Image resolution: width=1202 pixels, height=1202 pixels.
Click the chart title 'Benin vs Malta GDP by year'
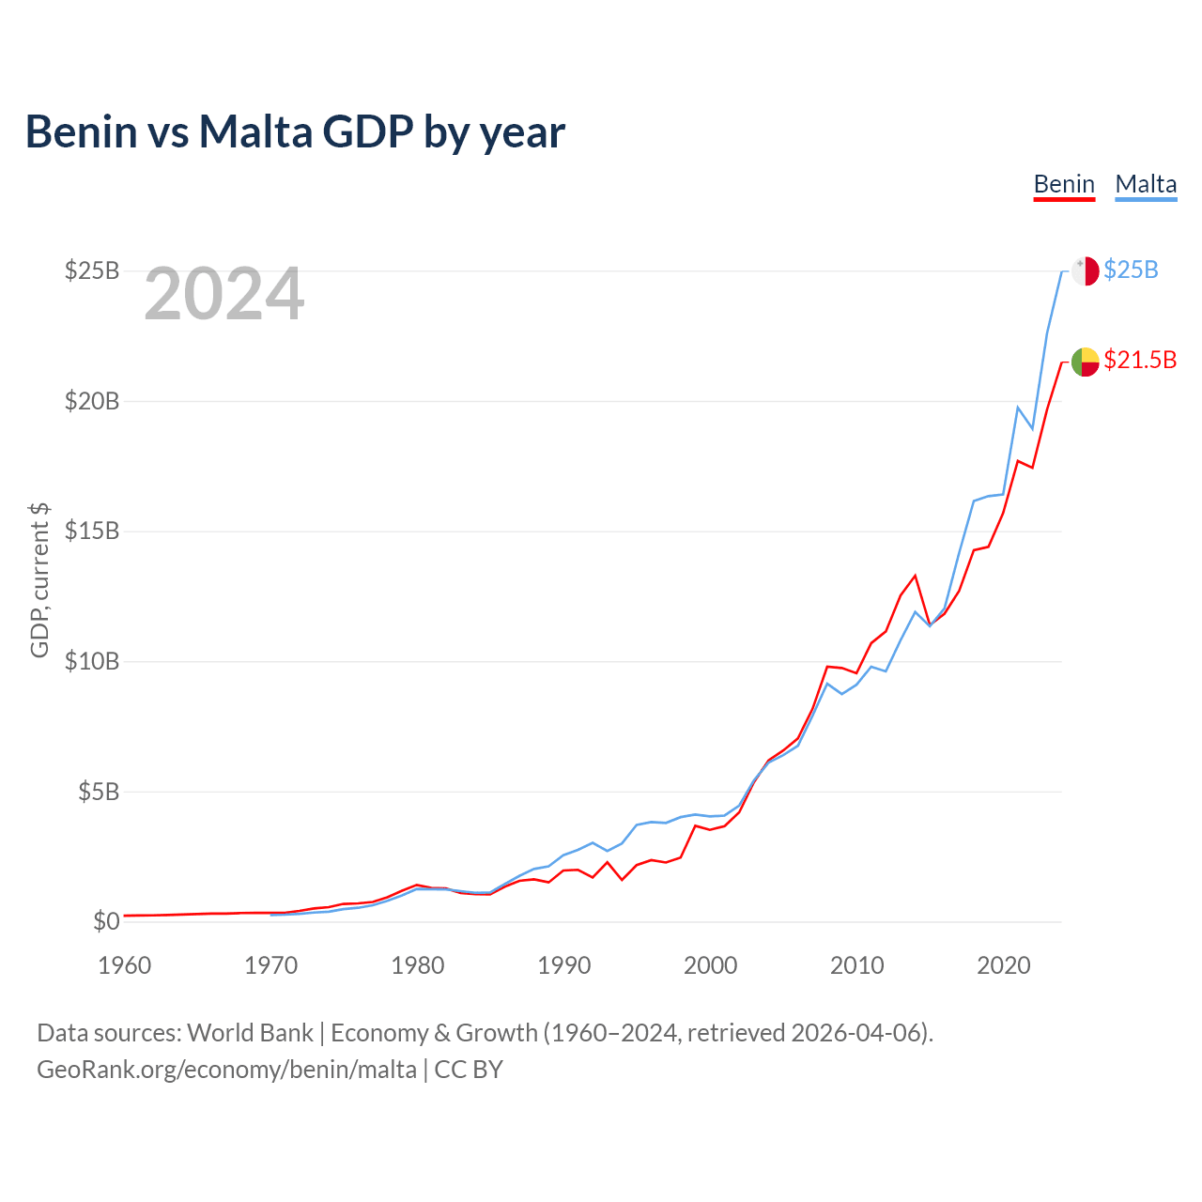tap(295, 132)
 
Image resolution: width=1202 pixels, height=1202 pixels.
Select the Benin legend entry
tap(1064, 184)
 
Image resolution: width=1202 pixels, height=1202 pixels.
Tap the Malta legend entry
tap(1146, 184)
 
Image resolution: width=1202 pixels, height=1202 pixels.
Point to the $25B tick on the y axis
tap(92, 270)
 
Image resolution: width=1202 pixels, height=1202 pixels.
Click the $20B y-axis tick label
tap(92, 401)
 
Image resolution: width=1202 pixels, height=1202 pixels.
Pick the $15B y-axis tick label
tap(92, 531)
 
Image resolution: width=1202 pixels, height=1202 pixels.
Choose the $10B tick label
tap(92, 661)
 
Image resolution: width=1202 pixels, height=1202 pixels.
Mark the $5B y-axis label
tap(98, 792)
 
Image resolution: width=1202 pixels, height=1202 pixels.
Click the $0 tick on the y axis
tap(106, 921)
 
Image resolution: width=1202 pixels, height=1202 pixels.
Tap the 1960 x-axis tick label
tap(125, 965)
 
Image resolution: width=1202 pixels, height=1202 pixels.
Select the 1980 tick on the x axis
tap(418, 965)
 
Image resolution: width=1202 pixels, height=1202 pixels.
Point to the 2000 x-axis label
tap(711, 965)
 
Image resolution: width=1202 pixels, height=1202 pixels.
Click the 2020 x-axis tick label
tap(1004, 965)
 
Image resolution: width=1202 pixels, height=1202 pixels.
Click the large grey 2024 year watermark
tap(224, 294)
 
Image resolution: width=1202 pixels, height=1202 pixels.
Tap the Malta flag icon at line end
tap(1085, 270)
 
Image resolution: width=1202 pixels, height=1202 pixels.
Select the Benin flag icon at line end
tap(1085, 361)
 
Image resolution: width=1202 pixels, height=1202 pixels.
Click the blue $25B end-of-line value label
tap(1131, 270)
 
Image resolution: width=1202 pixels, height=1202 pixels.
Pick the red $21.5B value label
tap(1140, 361)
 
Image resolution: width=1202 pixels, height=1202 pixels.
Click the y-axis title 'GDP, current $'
tap(39, 579)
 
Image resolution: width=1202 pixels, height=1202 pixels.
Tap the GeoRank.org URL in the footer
tap(226, 1070)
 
